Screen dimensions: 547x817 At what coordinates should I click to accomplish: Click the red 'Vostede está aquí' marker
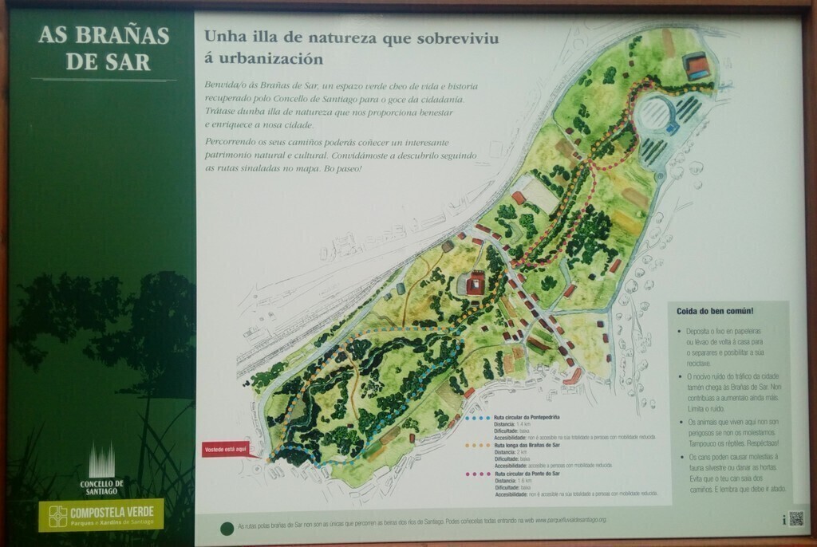(224, 449)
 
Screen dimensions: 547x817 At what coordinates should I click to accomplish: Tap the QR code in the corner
(795, 518)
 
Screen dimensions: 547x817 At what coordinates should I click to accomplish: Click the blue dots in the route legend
(477, 417)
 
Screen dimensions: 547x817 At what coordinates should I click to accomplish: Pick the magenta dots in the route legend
(477, 474)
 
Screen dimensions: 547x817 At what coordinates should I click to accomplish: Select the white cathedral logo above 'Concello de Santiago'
(101, 460)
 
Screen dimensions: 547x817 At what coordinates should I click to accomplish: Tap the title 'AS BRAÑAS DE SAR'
(104, 49)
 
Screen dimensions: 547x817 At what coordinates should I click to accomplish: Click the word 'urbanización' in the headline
(263, 58)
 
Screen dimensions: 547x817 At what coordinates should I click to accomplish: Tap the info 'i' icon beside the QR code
(784, 519)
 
